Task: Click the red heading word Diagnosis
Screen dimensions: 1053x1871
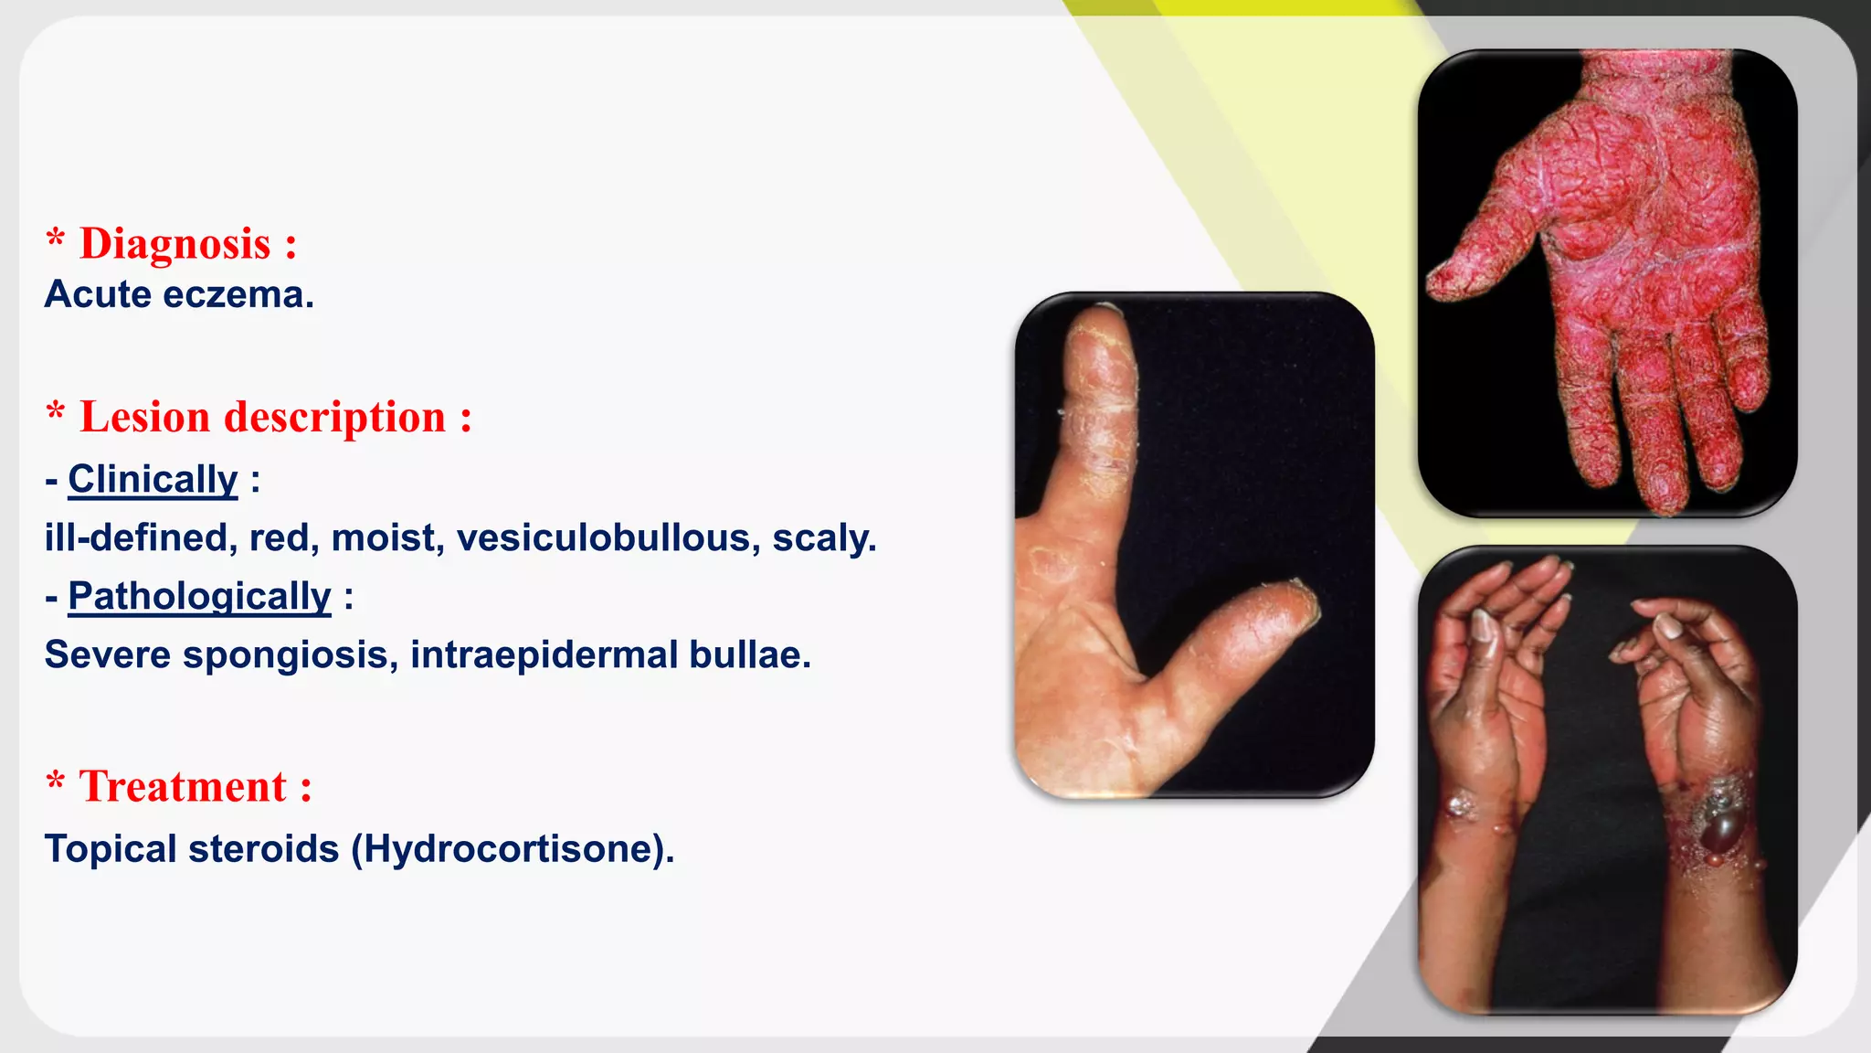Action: (175, 244)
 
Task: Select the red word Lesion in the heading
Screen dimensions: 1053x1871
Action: (145, 418)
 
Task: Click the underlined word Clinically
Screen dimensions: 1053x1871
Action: (153, 480)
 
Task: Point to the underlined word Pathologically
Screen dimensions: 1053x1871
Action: (199, 597)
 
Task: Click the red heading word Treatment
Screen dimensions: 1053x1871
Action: (184, 787)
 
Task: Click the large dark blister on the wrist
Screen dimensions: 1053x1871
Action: (1724, 831)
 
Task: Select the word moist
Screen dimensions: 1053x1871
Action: (387, 538)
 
